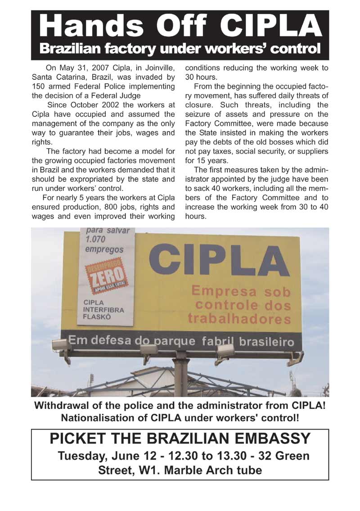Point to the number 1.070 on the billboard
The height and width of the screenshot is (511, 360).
coord(96,240)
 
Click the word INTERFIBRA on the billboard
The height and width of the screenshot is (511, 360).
coord(103,310)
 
